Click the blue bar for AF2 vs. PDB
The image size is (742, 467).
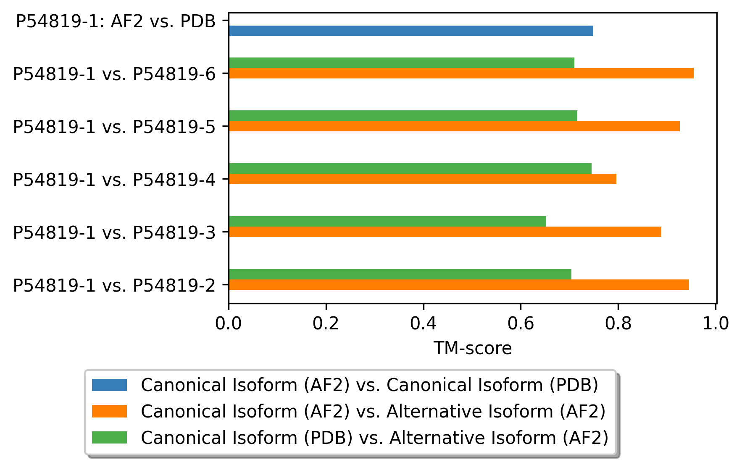(411, 31)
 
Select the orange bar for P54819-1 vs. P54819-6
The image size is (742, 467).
(461, 73)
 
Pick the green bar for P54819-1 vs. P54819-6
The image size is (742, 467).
(402, 63)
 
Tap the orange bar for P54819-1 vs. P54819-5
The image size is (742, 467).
(454, 126)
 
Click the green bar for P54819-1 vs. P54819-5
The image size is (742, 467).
(403, 115)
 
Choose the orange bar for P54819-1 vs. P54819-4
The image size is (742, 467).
(423, 179)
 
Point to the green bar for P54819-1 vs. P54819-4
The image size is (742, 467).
(410, 168)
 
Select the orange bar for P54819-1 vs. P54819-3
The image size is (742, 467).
(445, 232)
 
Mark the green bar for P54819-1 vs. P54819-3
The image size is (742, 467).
(387, 221)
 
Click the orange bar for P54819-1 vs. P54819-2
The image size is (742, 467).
(459, 284)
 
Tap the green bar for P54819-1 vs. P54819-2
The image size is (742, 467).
(400, 274)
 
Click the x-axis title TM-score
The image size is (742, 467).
(473, 348)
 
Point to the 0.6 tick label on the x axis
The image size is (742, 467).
(521, 324)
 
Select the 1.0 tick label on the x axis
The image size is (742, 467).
(716, 324)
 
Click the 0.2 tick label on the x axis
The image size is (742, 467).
(326, 324)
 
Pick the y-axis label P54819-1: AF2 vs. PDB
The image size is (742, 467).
(116, 21)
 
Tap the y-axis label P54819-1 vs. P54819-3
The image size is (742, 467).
(114, 232)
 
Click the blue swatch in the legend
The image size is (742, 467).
(109, 385)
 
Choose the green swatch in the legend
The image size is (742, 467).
(109, 438)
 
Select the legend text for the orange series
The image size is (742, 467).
(373, 411)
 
